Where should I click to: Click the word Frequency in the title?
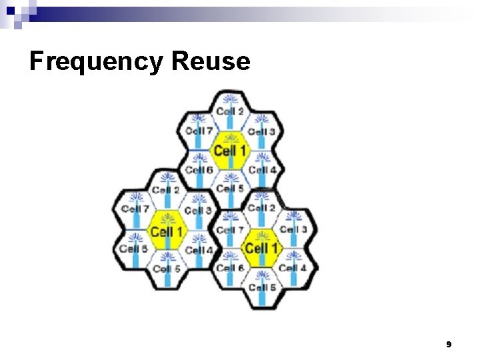[96, 62]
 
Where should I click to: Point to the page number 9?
[449, 344]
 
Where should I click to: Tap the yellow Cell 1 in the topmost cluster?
[229, 151]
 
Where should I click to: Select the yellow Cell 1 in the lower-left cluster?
[166, 232]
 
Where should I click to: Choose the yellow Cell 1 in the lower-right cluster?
[261, 249]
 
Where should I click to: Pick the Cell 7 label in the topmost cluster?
[199, 131]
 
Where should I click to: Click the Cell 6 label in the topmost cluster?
[199, 170]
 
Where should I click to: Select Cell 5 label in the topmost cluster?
[229, 189]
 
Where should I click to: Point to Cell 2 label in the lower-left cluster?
[166, 190]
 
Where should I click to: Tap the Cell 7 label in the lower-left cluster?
[135, 209]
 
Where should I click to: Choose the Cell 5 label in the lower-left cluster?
[166, 269]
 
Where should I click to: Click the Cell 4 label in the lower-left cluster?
[198, 250]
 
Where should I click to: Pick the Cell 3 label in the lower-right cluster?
[293, 229]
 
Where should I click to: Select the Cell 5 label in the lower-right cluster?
[261, 288]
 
